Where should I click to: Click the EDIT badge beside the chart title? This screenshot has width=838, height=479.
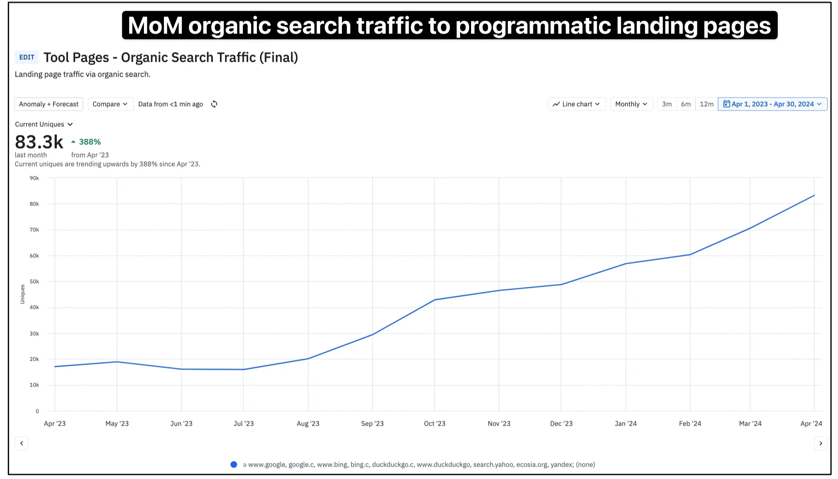tap(27, 57)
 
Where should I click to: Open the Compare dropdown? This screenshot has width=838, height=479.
tap(110, 104)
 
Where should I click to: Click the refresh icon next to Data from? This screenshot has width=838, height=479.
tap(214, 104)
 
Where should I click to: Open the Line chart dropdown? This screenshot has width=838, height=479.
tap(576, 104)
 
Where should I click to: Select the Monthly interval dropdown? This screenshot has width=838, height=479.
tap(631, 104)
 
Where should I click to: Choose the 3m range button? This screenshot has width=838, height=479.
tap(667, 104)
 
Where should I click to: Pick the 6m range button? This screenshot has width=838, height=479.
tap(686, 104)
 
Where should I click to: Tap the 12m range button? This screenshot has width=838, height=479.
tap(706, 104)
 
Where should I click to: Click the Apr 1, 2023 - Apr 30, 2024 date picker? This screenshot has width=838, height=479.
tap(772, 104)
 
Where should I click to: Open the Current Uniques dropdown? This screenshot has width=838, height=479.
tap(44, 124)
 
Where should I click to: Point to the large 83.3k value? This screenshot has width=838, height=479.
tap(39, 142)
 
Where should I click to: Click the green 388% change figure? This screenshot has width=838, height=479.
tap(90, 142)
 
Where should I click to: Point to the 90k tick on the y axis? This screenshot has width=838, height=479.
tap(34, 178)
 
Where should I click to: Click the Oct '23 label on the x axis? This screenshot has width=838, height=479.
tap(434, 423)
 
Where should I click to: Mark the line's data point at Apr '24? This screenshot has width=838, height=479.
tap(814, 195)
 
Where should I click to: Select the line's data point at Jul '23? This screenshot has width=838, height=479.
tap(243, 369)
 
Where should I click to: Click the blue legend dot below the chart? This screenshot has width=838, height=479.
tap(234, 464)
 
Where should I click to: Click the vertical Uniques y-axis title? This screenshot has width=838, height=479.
tap(22, 294)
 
